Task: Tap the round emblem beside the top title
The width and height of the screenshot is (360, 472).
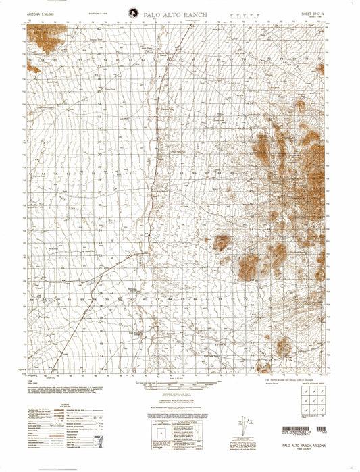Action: pos(130,12)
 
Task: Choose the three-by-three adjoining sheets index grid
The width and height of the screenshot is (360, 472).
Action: pos(309,403)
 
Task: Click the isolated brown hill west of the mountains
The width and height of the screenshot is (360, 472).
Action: pos(222,242)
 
